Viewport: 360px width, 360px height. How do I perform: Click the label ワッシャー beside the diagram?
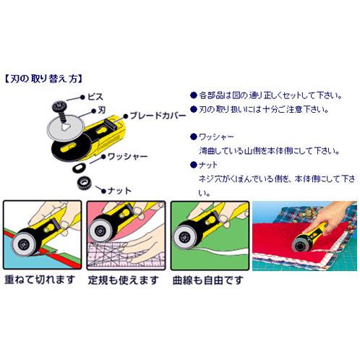click(x=129, y=155)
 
